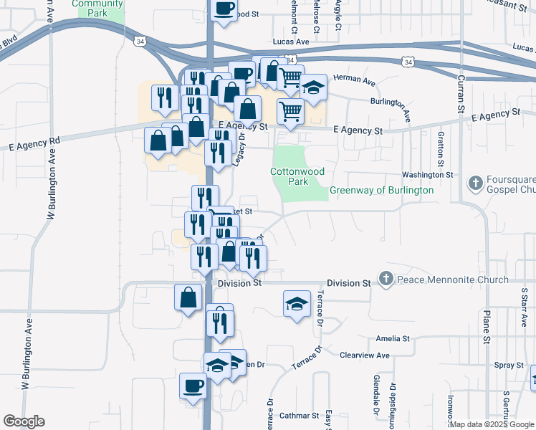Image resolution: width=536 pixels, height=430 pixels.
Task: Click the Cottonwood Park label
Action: (x=289, y=176)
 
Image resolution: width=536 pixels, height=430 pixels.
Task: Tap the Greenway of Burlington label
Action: (x=381, y=191)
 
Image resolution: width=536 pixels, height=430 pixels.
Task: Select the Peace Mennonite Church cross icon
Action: (x=386, y=279)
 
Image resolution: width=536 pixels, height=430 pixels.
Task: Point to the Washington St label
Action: (x=428, y=174)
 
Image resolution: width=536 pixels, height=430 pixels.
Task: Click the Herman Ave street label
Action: (x=360, y=83)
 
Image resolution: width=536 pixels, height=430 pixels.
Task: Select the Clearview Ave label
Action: (x=365, y=355)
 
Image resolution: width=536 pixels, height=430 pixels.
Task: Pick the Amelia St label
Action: (x=393, y=338)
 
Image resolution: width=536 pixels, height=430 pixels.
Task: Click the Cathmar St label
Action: (x=299, y=415)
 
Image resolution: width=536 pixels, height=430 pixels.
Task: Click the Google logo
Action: (x=24, y=421)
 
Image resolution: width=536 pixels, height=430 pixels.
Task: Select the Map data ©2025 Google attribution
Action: (x=491, y=424)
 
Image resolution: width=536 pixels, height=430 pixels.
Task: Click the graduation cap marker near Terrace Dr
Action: (x=297, y=303)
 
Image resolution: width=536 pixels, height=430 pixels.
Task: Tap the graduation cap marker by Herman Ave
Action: (x=313, y=87)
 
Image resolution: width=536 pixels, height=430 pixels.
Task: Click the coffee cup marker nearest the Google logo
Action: (x=193, y=385)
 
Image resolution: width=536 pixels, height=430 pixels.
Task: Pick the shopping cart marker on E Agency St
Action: (x=290, y=111)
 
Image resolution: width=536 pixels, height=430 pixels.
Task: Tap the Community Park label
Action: (x=97, y=8)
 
